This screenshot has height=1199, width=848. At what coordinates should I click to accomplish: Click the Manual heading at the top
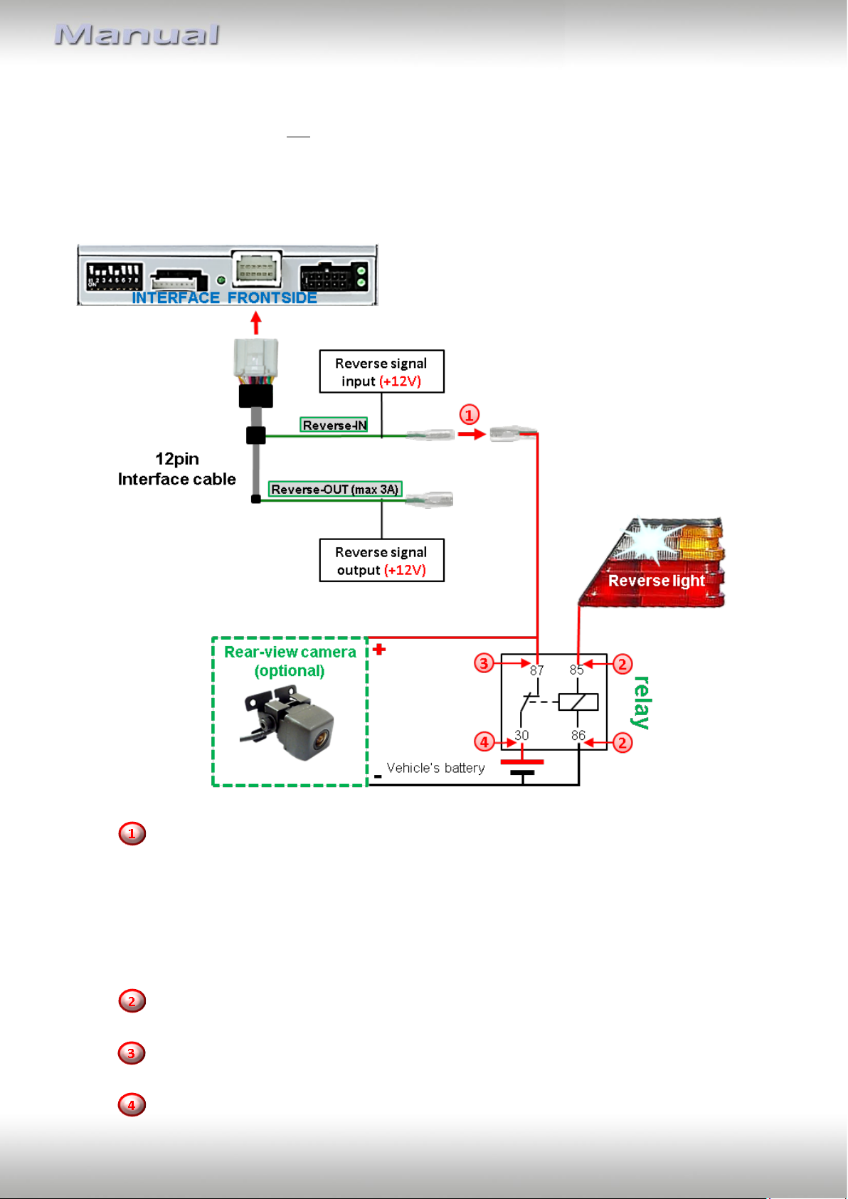coord(137,35)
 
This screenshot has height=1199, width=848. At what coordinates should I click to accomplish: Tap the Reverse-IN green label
coord(334,425)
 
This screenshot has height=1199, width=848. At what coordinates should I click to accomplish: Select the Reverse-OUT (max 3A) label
coord(335,490)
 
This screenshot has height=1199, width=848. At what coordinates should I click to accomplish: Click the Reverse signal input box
coord(381,371)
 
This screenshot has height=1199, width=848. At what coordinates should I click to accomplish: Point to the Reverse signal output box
coord(381,560)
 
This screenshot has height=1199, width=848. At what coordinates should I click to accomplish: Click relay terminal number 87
coord(536,670)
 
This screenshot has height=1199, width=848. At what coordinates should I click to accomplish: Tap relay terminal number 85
coord(576,670)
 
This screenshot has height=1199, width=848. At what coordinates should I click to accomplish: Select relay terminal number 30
coord(521,736)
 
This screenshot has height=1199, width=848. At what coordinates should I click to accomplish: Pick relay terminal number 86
coord(578,736)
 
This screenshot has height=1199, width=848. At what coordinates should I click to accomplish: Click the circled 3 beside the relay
coord(484,664)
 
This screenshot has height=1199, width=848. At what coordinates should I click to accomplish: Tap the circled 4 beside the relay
coord(484,742)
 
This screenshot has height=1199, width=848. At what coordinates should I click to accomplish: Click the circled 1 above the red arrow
coord(470,415)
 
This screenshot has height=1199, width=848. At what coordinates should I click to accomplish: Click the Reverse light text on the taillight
coord(657,581)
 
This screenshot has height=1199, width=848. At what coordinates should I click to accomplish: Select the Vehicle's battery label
coord(435,768)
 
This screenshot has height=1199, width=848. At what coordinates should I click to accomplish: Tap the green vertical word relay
coord(641,702)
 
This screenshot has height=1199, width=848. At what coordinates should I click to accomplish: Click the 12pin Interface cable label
coord(176,469)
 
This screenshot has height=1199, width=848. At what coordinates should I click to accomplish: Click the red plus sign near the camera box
coord(379,650)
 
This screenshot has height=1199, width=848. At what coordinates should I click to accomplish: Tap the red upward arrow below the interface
coord(256,323)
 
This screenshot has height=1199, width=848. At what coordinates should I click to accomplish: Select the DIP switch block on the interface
coord(115,275)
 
